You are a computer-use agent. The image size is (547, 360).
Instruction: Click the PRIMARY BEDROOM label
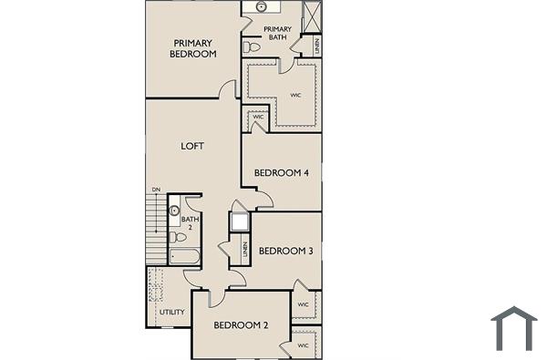193,48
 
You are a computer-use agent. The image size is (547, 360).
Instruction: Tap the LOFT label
192,146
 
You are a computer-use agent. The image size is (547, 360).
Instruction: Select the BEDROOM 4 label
282,172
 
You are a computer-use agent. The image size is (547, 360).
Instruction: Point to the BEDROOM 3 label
286,251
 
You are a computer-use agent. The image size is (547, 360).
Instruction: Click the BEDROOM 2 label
241,325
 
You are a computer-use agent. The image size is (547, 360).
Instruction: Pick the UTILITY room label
172,313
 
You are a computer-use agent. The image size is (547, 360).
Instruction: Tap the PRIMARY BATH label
276,34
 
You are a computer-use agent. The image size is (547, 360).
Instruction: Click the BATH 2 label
189,222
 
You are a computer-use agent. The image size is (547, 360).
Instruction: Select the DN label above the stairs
156,190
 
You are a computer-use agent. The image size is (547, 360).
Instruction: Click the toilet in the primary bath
251,46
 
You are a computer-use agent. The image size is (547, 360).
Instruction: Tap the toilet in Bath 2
173,237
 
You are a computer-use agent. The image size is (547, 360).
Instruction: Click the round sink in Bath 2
175,210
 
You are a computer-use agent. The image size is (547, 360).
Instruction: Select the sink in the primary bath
262,6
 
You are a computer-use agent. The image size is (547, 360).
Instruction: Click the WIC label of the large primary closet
295,94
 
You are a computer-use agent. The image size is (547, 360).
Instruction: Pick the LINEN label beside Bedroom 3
245,248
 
